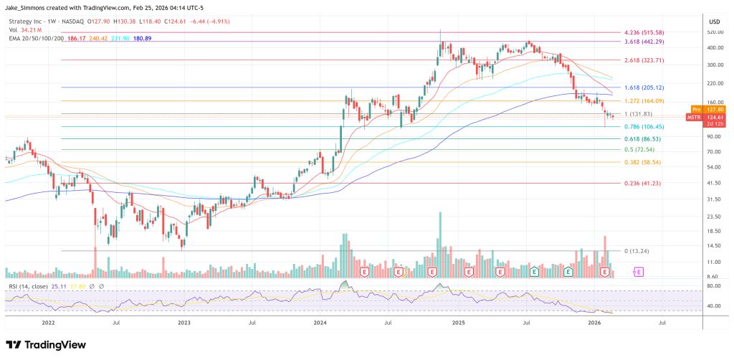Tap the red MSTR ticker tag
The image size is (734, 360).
click(x=694, y=117)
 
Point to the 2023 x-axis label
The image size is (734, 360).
click(x=183, y=323)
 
